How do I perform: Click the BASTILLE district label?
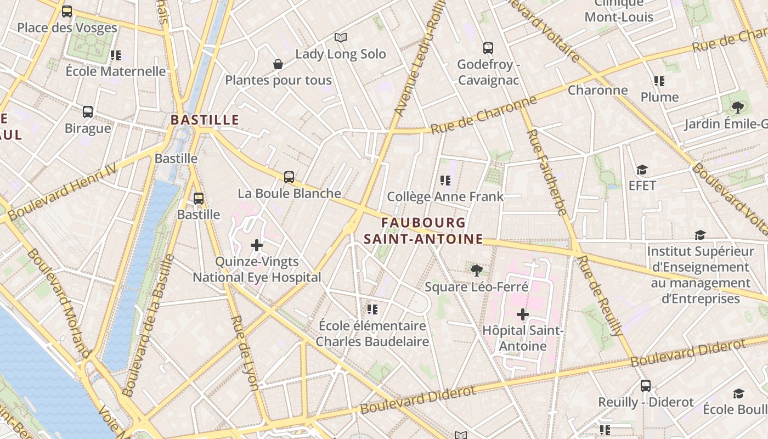coord(205,120)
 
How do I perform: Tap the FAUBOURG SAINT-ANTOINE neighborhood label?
coord(423,231)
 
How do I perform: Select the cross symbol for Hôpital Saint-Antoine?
coord(523,314)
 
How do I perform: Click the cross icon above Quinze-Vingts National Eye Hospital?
coord(256,245)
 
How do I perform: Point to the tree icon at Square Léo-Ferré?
coord(476,270)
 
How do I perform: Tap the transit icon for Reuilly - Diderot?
coord(646,386)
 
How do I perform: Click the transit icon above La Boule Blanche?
coord(289,177)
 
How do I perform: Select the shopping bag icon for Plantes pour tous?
coord(278,64)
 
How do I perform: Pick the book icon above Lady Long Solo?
coord(341,37)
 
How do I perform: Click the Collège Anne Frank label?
coord(445,196)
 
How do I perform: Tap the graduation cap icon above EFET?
coord(642,170)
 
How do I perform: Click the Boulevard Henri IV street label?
coord(63,193)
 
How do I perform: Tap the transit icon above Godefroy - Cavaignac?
coord(488,48)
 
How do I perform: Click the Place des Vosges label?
coord(67,27)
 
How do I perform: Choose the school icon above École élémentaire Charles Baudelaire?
coord(372,309)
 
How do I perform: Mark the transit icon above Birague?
coord(88,112)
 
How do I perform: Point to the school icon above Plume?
coord(659,81)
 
